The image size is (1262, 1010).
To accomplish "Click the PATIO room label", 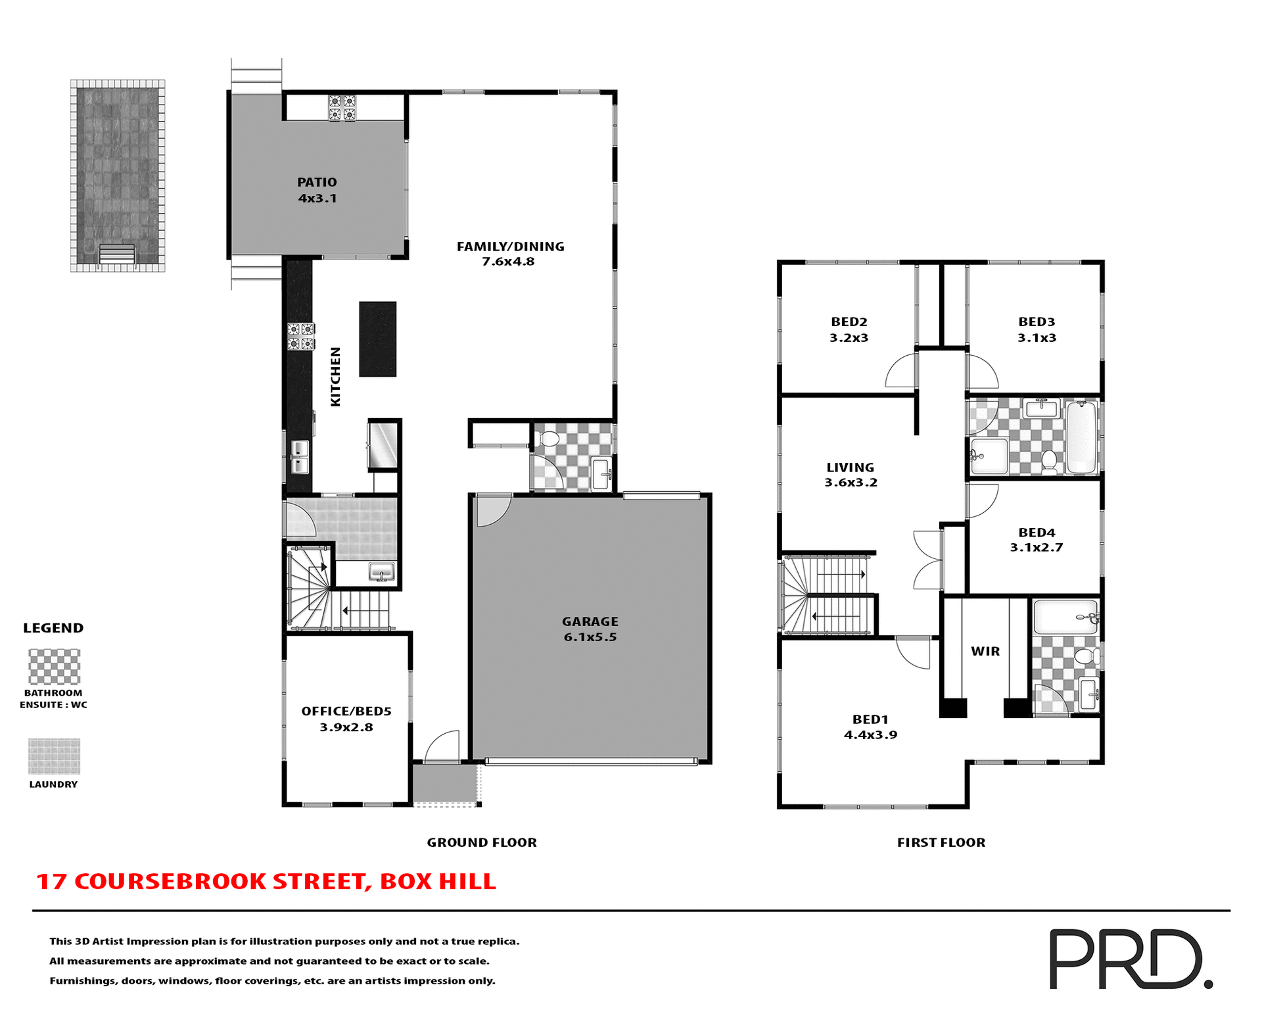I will [x=317, y=182].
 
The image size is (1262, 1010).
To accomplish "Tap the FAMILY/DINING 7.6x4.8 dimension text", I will [x=508, y=262].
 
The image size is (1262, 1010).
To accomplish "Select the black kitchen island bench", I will [x=377, y=339].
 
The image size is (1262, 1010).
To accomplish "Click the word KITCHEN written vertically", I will [x=335, y=377].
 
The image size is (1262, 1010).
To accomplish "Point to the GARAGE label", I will [x=590, y=621].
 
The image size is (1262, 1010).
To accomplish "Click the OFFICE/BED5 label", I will [x=346, y=711].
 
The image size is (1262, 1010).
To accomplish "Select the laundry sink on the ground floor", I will [x=381, y=571].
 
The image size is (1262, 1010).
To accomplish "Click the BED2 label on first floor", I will [x=849, y=322].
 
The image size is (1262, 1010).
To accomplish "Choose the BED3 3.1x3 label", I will [x=1036, y=329].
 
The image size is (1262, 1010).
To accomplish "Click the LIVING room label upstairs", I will [x=850, y=468].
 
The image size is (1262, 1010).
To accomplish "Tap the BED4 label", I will [x=1036, y=533].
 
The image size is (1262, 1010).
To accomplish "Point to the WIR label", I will [x=985, y=651].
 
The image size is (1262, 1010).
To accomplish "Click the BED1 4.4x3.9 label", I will [x=870, y=727].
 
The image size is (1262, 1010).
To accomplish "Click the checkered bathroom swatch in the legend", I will [x=54, y=667].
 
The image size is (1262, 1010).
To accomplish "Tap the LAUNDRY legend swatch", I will [x=54, y=756].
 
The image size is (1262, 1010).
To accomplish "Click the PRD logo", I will [x=1129, y=958].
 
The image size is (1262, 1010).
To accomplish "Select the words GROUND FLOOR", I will [x=481, y=842].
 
